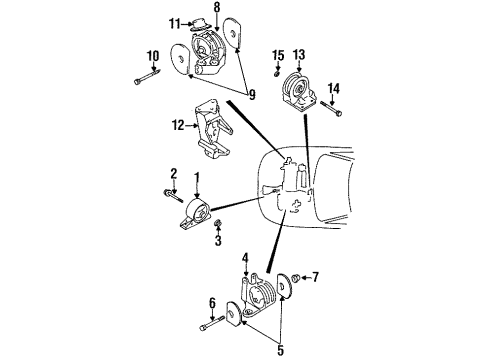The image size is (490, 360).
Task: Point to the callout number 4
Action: tap(244, 260)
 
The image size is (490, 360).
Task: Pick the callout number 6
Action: tap(212, 302)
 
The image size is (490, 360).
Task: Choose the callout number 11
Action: tap(174, 22)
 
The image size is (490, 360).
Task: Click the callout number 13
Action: tap(299, 55)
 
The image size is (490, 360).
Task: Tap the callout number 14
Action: tap(333, 88)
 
